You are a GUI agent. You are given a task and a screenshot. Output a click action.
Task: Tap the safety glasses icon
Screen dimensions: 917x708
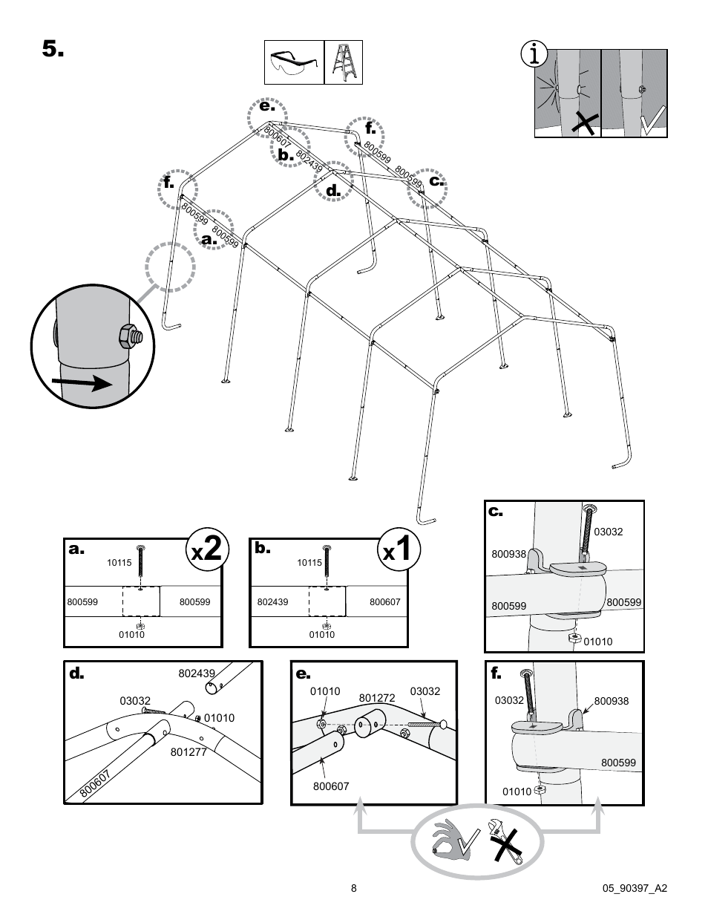click(x=294, y=62)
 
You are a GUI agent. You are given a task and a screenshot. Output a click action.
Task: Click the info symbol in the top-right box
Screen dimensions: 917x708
click(x=534, y=56)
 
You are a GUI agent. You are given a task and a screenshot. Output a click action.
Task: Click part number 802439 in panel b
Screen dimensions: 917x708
click(x=272, y=602)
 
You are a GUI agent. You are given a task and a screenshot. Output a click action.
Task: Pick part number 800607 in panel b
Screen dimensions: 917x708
click(x=384, y=602)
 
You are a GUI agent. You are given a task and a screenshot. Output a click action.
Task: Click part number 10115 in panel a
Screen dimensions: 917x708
click(x=119, y=563)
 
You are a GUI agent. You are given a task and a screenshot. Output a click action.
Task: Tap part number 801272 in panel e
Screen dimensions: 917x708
click(x=376, y=698)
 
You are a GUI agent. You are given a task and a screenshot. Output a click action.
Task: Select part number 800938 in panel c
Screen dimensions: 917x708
click(x=508, y=553)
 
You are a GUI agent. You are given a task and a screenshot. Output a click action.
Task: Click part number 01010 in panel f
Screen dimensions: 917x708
click(x=517, y=792)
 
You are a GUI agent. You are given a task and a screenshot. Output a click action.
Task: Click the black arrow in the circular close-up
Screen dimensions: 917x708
click(x=82, y=383)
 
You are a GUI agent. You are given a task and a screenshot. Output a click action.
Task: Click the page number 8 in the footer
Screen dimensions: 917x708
click(x=354, y=888)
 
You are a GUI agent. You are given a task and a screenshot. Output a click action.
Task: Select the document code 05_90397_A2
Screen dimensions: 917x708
click(x=635, y=888)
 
